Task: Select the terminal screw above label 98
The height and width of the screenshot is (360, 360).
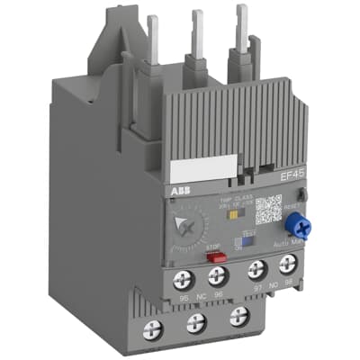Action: (x=286, y=265)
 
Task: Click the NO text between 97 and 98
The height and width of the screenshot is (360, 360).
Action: (x=271, y=287)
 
